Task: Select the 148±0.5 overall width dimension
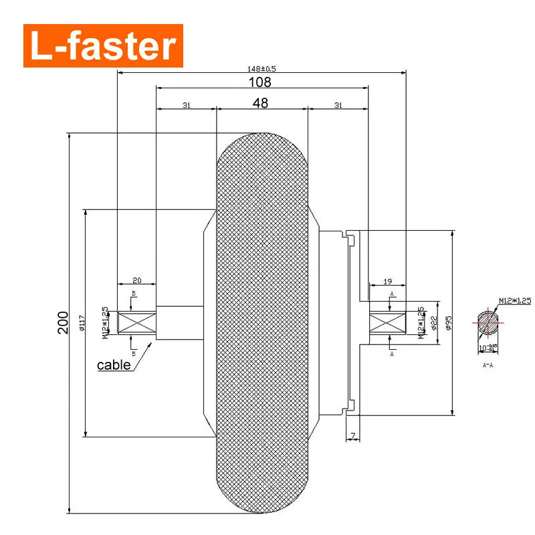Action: coord(261,68)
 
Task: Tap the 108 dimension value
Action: coord(261,82)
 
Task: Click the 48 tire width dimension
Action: coord(261,104)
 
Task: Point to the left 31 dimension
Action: coord(186,105)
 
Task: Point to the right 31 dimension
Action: coord(338,105)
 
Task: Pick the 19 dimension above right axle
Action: coord(388,282)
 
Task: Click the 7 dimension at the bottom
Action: coord(352,437)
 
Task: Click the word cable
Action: coord(114,365)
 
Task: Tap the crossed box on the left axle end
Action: coord(137,323)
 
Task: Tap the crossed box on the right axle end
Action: coord(388,324)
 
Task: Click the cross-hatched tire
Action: coord(261,323)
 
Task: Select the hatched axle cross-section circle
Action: coord(491,322)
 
